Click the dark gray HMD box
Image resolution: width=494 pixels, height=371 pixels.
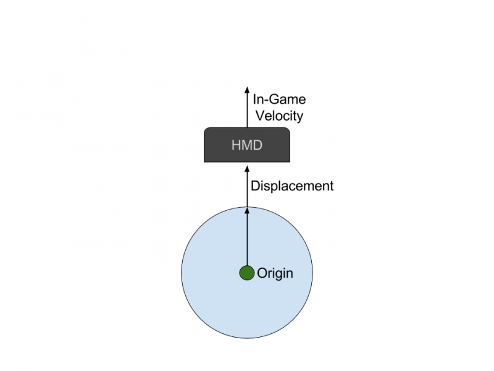coord(247,145)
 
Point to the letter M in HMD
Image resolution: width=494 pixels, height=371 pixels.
coord(246,146)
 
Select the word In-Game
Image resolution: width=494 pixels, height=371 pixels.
coord(279,100)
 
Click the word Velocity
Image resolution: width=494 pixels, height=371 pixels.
coord(278,116)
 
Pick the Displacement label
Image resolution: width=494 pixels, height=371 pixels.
coord(292,185)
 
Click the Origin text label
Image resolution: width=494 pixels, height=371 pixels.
coord(275,273)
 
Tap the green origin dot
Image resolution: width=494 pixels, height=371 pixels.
coord(247,273)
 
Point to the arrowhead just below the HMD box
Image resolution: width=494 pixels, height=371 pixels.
coord(247,168)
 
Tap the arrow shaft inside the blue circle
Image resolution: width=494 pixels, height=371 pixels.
coord(247,241)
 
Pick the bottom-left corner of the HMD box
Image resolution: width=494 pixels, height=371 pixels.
coord(205,161)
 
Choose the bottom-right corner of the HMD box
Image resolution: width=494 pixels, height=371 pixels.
coord(289,161)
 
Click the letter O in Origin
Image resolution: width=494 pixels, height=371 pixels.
coord(262,273)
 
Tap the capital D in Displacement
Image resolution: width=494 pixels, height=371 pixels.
coord(255,185)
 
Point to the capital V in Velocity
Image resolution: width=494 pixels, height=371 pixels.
coord(257,116)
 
